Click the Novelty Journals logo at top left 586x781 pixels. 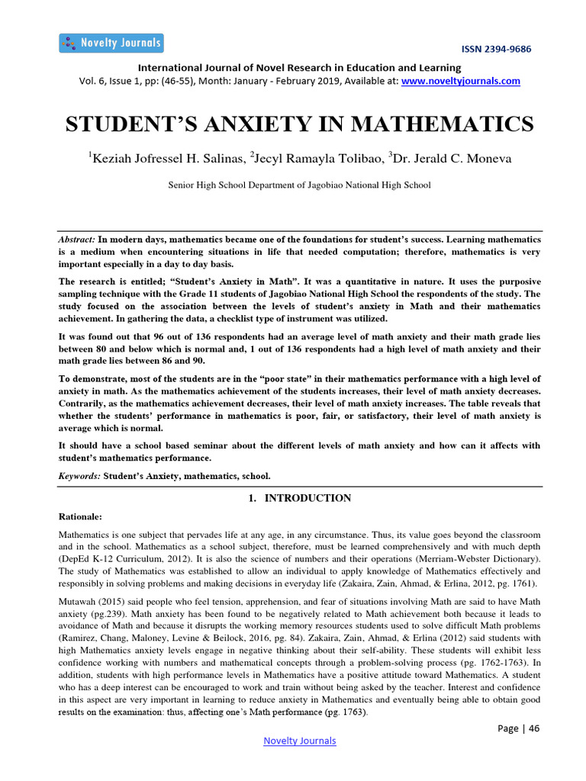pos(111,43)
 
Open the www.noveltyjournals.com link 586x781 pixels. pos(461,81)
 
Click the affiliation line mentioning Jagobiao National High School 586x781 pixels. pos(299,185)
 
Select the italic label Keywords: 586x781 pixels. pos(79,475)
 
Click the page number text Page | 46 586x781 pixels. pos(518,728)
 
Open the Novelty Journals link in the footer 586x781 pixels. pos(299,741)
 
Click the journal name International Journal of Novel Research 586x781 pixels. pos(252,67)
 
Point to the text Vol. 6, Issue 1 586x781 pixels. pos(108,81)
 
